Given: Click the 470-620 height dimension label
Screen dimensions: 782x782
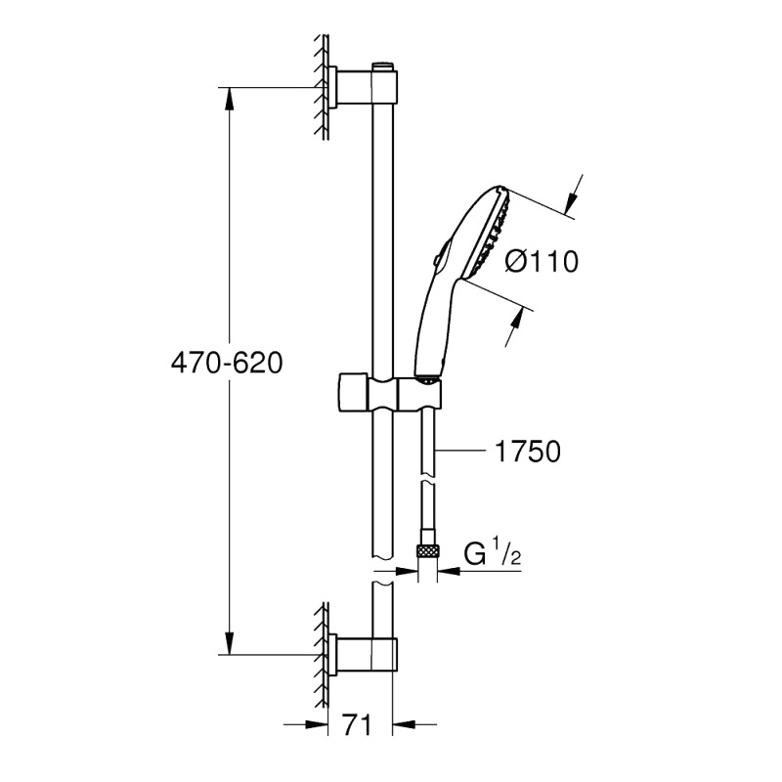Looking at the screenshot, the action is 227,363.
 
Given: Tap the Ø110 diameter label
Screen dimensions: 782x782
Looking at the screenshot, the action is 542,261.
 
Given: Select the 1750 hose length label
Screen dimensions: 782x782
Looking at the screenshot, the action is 528,452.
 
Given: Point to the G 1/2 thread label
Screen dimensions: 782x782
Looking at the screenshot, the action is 492,553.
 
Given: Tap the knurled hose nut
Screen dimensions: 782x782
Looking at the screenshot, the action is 427,551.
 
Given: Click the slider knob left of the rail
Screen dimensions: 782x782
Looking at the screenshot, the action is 354,392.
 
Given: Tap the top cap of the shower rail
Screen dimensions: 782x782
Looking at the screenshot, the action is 382,66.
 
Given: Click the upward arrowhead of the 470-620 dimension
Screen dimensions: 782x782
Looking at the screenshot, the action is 229,99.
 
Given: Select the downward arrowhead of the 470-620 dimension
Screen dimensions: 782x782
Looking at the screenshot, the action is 229,643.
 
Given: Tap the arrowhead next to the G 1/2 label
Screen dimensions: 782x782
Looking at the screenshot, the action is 449,570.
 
